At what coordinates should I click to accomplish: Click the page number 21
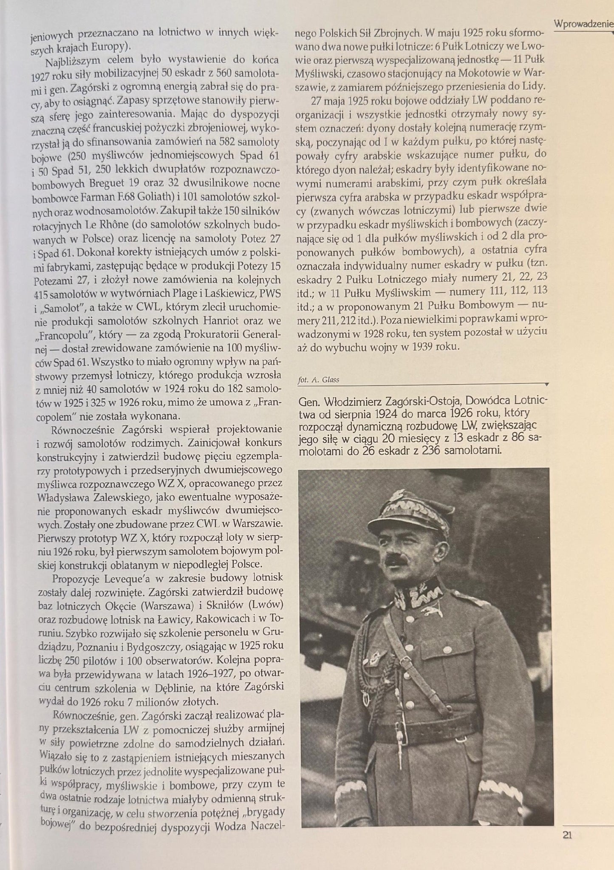coord(567,835)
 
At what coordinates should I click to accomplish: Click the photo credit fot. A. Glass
coord(319,380)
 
